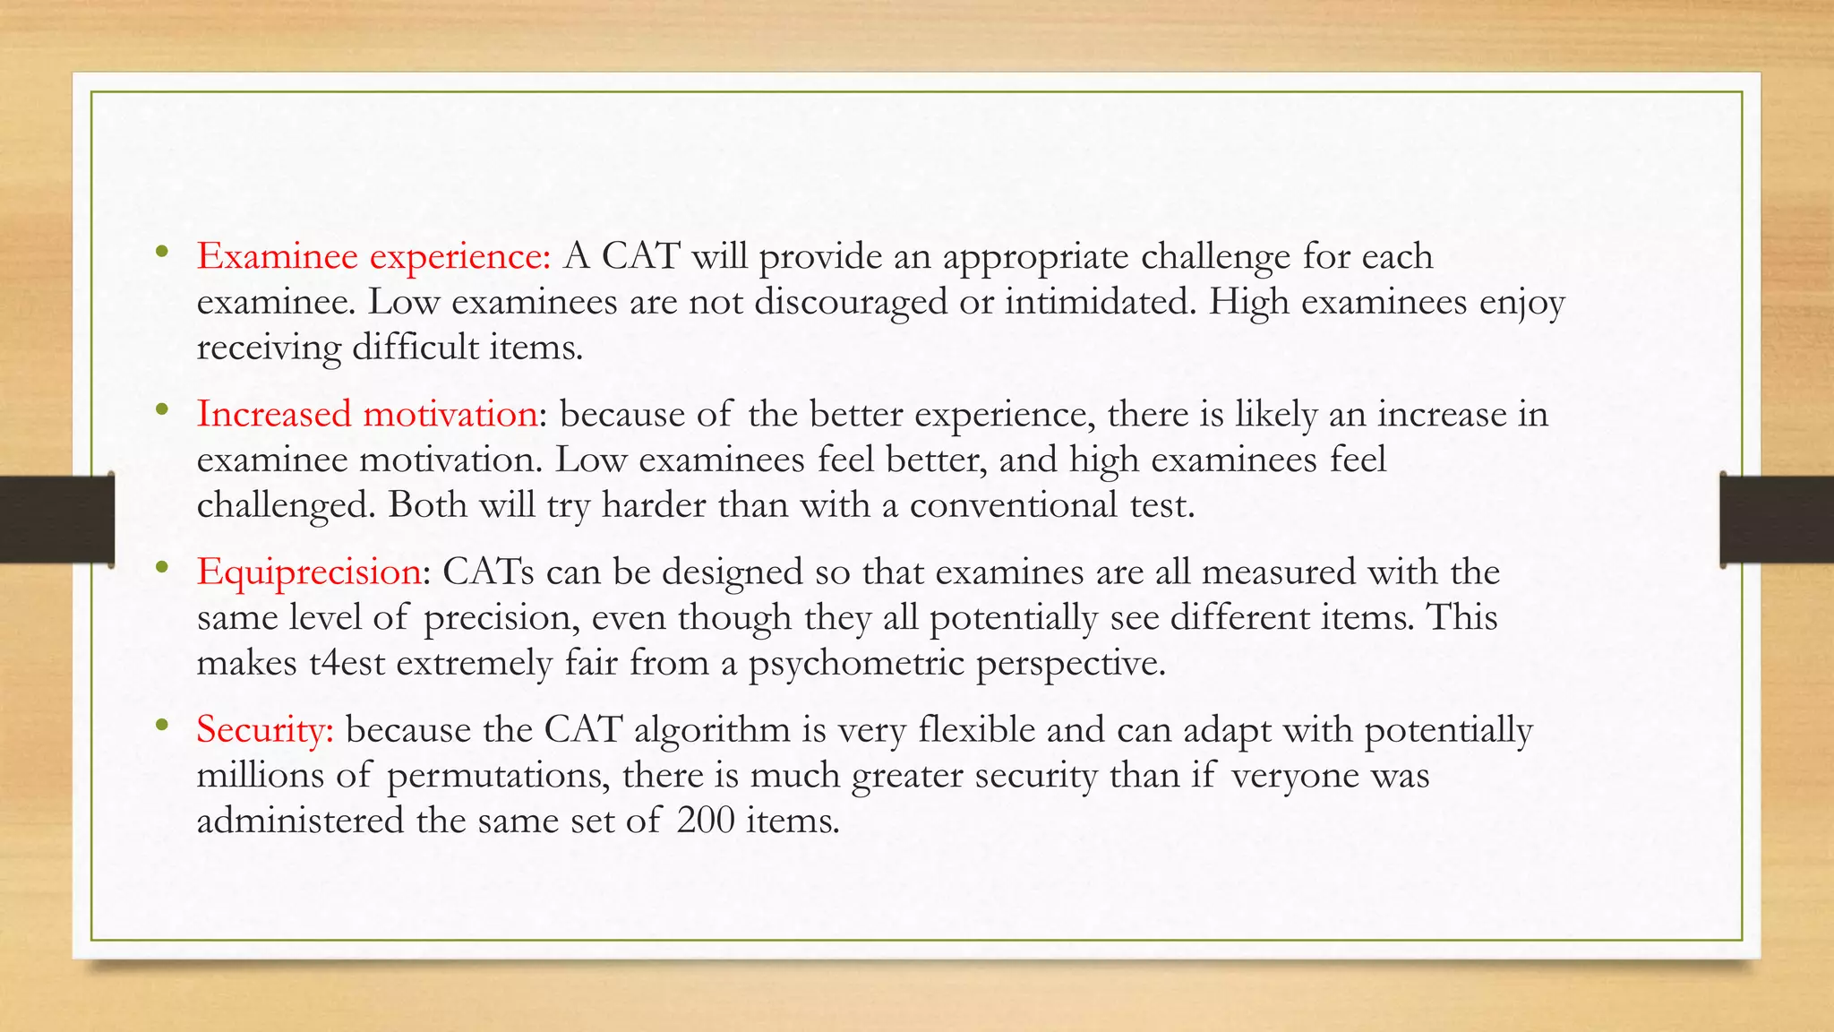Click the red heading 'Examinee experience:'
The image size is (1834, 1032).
373,257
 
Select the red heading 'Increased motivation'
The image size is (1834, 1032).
367,415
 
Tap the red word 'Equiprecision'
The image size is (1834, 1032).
309,572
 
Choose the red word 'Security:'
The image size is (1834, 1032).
265,730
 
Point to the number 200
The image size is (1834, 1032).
704,821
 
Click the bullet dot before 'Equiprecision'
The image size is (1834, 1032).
161,567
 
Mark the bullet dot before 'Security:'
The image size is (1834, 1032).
161,725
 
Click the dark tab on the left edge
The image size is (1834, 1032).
56,520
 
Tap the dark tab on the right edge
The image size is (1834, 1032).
1777,520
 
